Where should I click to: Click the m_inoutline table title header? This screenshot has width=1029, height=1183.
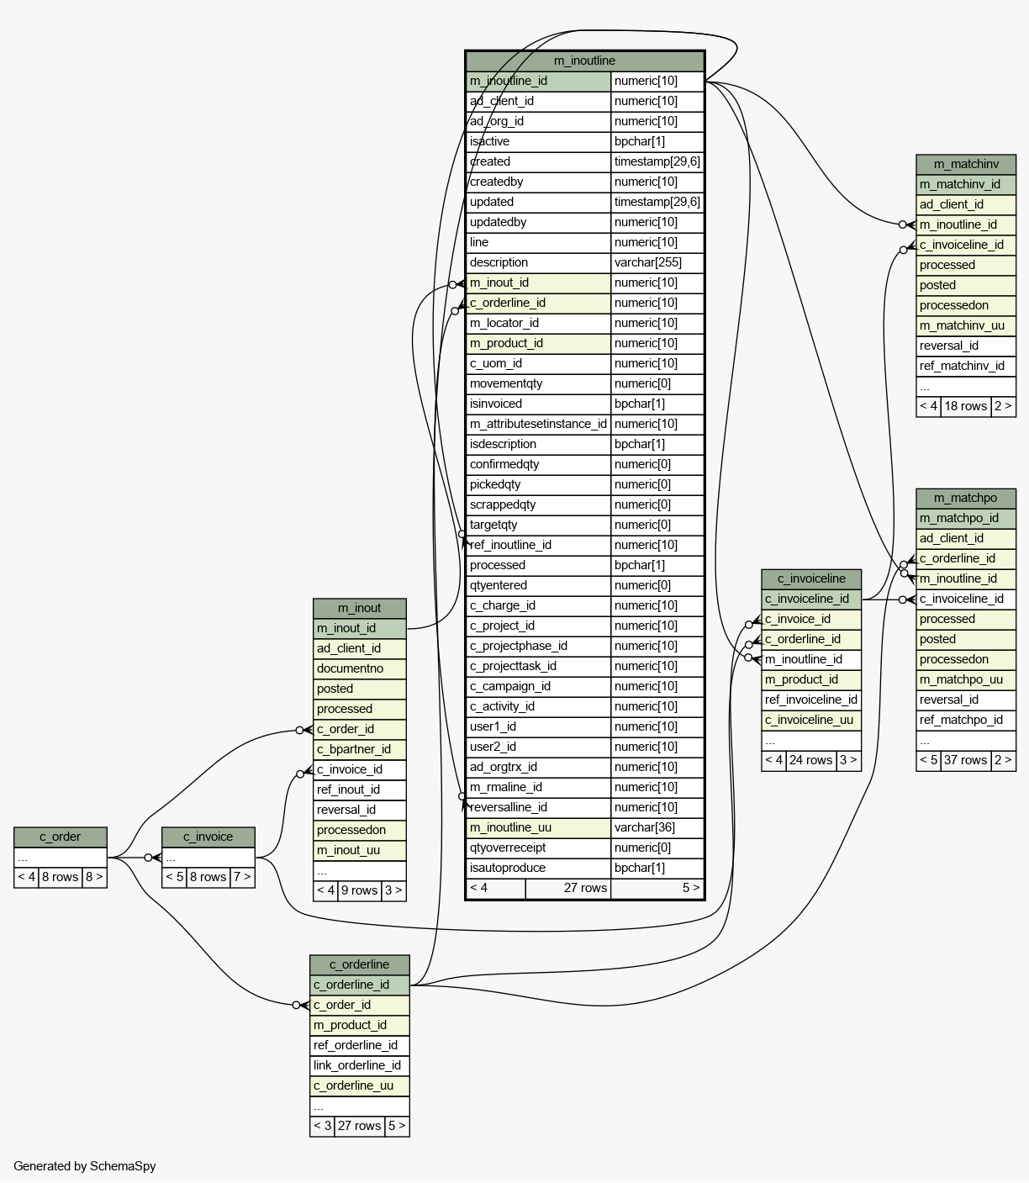click(584, 61)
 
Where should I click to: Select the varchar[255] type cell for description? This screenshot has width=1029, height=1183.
click(657, 262)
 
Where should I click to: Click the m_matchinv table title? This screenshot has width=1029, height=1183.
click(965, 164)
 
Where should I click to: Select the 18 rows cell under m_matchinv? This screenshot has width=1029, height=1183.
click(965, 406)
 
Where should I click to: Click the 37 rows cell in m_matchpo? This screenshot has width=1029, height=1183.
click(965, 760)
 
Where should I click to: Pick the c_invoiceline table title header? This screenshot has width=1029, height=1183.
click(811, 578)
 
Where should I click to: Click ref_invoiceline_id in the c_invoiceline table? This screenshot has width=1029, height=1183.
click(811, 700)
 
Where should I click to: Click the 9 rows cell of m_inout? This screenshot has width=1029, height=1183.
click(360, 890)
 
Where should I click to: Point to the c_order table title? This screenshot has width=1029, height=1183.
click(61, 837)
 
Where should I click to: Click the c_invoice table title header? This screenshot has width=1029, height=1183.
click(208, 837)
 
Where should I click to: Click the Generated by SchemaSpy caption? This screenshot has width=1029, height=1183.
click(84, 1166)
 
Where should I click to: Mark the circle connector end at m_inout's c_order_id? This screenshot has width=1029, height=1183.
click(299, 731)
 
